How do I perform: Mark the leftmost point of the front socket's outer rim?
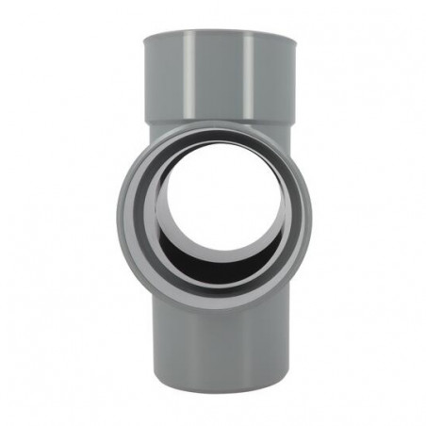pos(118,211)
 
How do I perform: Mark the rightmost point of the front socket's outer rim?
pos(311,211)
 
